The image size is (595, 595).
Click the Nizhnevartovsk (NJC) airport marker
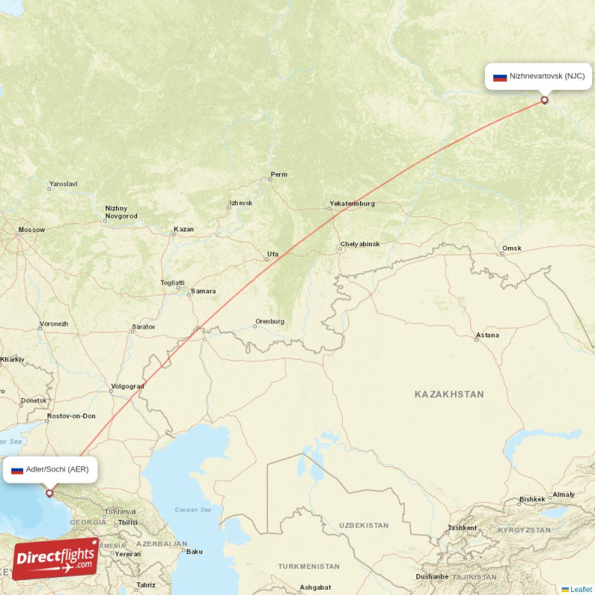(544, 100)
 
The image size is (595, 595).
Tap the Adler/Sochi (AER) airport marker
(50, 492)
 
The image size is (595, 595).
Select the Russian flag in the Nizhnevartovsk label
(500, 77)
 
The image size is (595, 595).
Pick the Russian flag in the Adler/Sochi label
(17, 470)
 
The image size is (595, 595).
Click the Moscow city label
(31, 230)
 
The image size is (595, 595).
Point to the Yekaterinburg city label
(352, 204)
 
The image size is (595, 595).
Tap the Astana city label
(487, 335)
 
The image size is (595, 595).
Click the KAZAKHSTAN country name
(449, 394)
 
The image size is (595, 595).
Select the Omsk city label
(512, 248)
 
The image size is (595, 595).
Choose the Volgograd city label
(126, 387)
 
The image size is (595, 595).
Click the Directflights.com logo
(56, 559)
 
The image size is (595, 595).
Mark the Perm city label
(279, 176)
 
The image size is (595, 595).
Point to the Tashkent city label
(462, 528)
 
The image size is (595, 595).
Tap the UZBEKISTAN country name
(363, 525)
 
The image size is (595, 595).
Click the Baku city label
(194, 552)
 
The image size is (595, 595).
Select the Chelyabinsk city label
(360, 244)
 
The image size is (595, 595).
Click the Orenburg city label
(270, 322)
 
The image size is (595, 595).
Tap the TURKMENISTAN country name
(309, 567)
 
